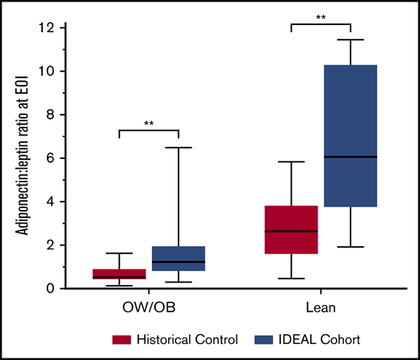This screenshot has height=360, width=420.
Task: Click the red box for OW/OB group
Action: coord(119,274)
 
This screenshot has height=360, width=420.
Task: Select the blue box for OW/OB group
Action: coord(177,258)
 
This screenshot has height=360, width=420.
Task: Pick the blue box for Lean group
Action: coord(349,136)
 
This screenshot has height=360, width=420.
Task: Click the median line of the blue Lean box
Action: coord(349,157)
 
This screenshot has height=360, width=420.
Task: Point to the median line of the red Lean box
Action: coord(290,231)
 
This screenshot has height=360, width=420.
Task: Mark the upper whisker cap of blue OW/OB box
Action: coord(177,148)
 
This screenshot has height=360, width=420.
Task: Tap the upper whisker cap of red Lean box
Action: coord(290,161)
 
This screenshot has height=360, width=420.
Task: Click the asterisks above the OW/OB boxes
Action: coord(148,123)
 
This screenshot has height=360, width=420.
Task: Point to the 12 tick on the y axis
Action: coord(63,28)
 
